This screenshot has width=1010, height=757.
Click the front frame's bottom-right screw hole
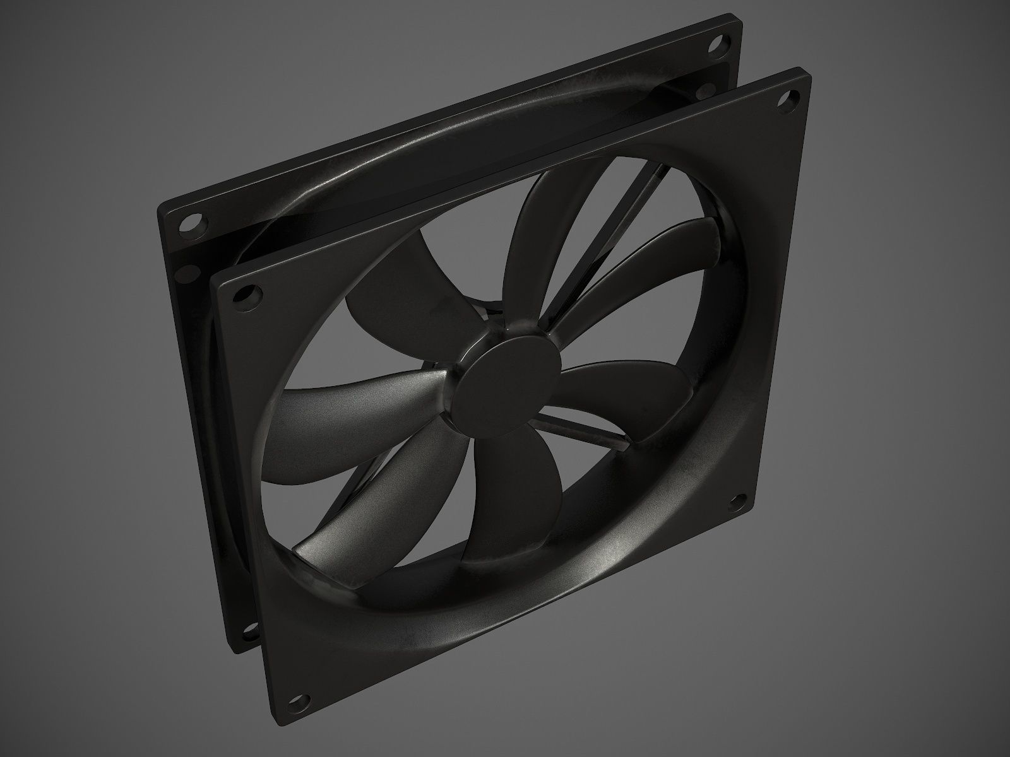(734, 503)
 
